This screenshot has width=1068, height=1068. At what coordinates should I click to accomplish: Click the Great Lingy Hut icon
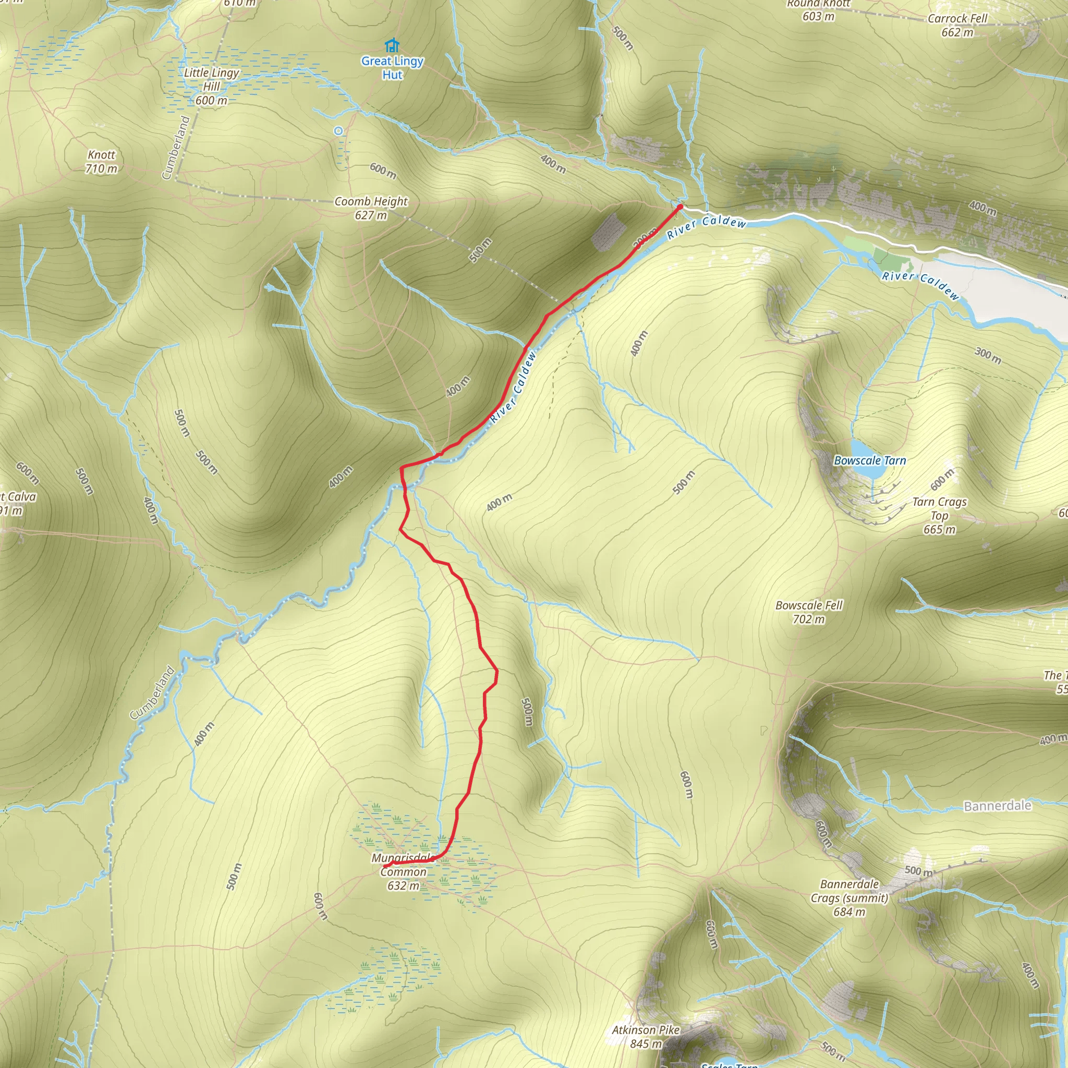click(392, 45)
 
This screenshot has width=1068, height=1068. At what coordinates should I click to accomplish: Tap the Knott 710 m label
click(102, 162)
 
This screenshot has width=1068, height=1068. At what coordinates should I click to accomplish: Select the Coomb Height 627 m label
click(371, 208)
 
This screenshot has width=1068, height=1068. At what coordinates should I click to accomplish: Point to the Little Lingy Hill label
click(211, 86)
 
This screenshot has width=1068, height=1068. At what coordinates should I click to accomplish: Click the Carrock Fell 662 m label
click(957, 26)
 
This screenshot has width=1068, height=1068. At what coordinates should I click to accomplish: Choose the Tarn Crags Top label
click(939, 515)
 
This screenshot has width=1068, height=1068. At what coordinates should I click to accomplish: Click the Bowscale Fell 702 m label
click(809, 612)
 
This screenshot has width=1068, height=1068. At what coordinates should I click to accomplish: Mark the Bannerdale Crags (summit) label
click(849, 898)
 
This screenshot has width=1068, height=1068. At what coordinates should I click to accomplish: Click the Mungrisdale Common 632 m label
click(403, 872)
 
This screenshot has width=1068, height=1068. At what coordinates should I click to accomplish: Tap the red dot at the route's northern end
click(680, 207)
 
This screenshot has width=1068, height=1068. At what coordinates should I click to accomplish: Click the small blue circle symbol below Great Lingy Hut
click(338, 131)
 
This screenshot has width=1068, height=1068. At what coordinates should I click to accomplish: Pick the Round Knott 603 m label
click(818, 10)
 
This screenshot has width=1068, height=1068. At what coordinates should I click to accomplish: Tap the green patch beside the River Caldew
click(888, 259)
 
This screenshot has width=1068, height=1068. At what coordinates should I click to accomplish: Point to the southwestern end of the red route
click(385, 866)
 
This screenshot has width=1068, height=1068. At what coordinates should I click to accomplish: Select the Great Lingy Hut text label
click(393, 67)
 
